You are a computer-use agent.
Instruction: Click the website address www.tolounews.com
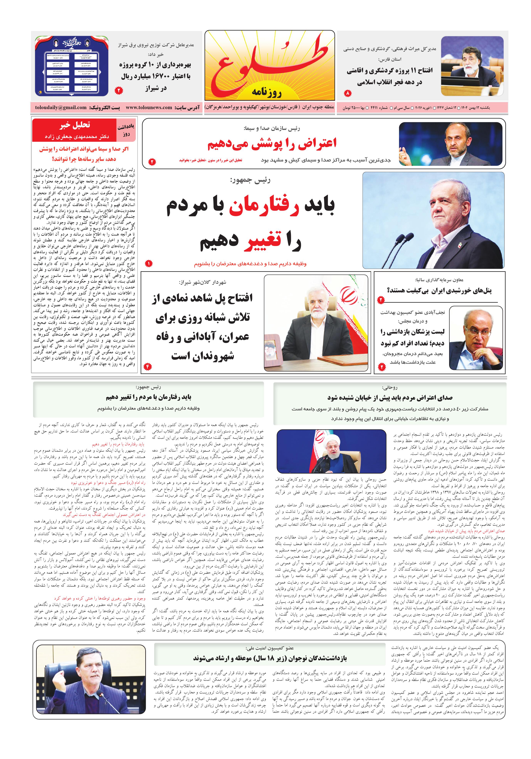149,107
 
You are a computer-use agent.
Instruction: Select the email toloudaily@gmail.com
61,107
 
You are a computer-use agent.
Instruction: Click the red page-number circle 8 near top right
347,94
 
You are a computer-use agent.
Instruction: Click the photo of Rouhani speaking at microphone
331,451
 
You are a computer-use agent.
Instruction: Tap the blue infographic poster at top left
72,66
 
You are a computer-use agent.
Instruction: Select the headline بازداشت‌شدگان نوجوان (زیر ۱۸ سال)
270,658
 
